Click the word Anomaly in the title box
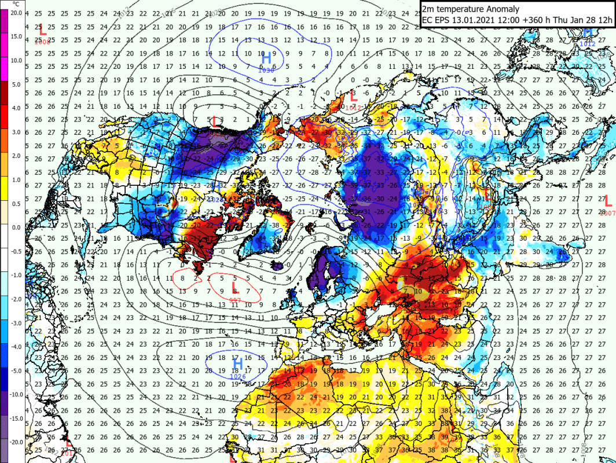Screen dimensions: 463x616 (x=502, y=9)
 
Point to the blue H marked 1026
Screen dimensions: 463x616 (x=237, y=363)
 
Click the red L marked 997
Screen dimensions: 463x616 (x=234, y=288)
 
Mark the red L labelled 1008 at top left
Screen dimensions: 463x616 (x=42, y=30)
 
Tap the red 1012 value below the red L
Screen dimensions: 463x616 (x=353, y=108)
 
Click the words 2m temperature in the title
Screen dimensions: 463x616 (x=453, y=9)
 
